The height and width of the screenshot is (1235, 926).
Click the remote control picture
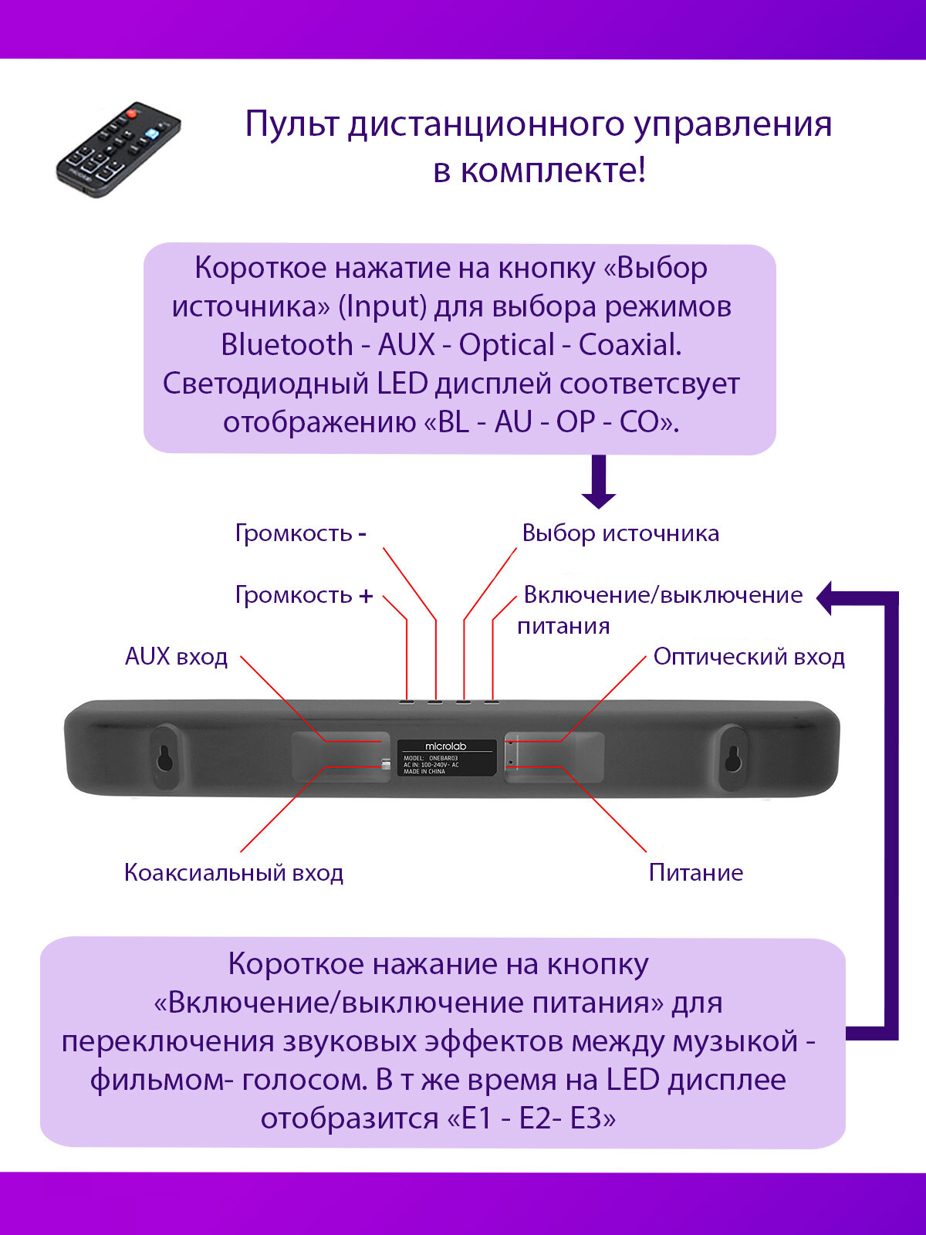click(x=118, y=149)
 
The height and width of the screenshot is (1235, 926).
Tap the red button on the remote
click(x=131, y=114)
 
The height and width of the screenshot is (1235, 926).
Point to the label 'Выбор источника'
click(x=620, y=533)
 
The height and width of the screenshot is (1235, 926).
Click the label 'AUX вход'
click(x=177, y=657)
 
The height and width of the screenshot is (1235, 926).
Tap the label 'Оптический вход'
click(x=749, y=657)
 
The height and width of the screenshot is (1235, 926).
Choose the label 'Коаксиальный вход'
click(x=234, y=873)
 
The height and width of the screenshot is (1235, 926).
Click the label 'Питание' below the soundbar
click(x=696, y=873)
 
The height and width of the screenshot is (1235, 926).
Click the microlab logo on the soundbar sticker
click(x=446, y=746)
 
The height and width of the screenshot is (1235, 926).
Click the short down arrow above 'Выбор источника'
click(x=599, y=483)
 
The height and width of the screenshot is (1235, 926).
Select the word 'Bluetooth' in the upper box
click(x=287, y=345)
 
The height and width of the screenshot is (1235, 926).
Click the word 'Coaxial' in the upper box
click(x=630, y=345)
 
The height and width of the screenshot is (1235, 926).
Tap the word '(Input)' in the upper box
click(x=382, y=306)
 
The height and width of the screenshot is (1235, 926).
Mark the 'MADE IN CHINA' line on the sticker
click(x=424, y=771)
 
